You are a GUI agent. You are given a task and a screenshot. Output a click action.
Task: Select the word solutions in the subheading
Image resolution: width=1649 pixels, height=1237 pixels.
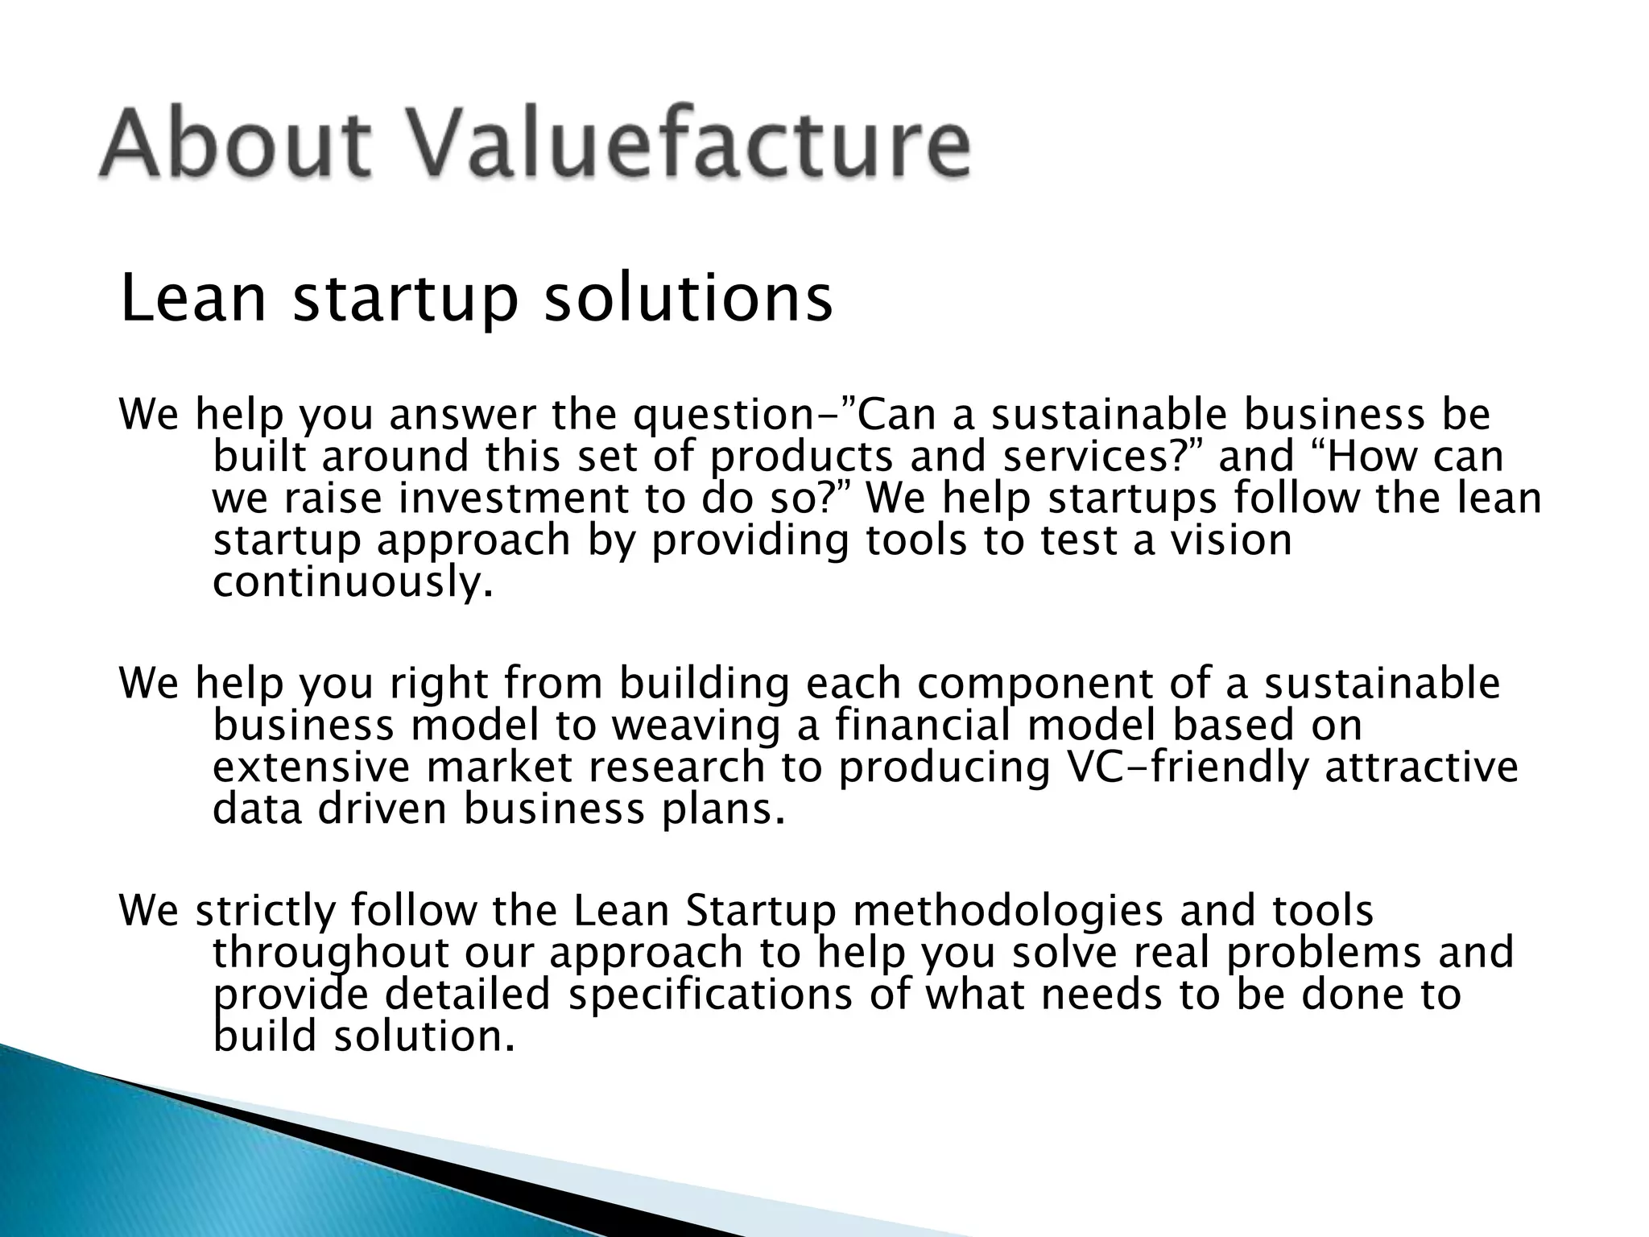click(x=688, y=299)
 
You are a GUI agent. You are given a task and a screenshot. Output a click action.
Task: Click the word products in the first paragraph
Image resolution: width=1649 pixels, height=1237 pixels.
click(x=802, y=457)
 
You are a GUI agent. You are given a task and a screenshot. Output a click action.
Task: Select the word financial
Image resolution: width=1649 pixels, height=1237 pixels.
click(x=923, y=725)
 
